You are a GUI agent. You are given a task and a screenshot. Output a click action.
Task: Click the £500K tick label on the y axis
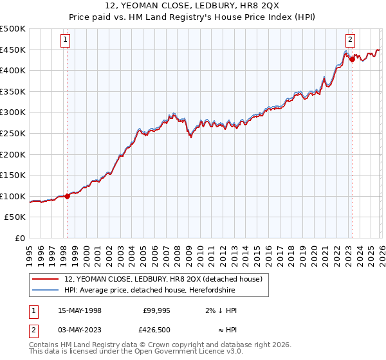[x=13, y=29]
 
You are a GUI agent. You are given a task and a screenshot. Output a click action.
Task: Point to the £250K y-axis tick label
[x=13, y=133]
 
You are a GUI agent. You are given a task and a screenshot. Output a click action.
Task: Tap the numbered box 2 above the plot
[x=350, y=40]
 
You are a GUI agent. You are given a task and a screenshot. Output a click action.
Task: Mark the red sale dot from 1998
[x=68, y=196]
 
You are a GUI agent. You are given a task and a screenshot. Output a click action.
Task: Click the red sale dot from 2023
[x=352, y=59]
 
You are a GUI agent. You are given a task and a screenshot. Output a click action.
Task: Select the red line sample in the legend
[x=46, y=280]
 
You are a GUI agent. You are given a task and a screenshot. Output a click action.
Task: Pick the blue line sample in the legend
[x=46, y=290]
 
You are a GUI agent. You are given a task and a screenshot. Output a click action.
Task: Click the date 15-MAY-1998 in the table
[x=80, y=310]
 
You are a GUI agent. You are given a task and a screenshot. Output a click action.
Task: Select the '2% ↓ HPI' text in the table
[x=221, y=310]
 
